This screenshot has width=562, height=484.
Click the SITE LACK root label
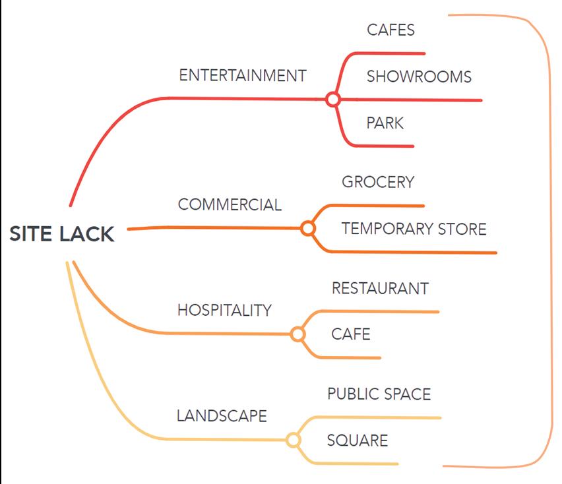click(61, 234)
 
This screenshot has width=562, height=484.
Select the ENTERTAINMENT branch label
click(243, 75)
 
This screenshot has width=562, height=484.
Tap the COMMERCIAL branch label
click(230, 205)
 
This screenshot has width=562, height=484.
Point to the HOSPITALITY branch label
click(224, 310)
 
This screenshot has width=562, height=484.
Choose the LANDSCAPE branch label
click(222, 416)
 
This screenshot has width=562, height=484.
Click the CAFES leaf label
click(390, 30)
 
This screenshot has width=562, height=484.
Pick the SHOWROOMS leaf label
click(419, 76)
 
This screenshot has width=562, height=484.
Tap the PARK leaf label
click(385, 123)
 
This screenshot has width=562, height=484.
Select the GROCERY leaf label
click(378, 182)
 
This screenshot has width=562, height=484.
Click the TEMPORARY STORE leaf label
click(414, 229)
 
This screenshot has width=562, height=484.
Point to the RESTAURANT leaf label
click(380, 288)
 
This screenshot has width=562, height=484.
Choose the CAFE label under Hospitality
click(351, 334)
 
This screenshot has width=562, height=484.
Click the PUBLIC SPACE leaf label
click(379, 394)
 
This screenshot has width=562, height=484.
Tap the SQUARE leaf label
click(358, 440)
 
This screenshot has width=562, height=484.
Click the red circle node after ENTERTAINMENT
click(333, 100)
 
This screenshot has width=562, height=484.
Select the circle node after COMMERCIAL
click(307, 229)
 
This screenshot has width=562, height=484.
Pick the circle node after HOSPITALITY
click(297, 334)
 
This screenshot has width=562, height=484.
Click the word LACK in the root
click(87, 234)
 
